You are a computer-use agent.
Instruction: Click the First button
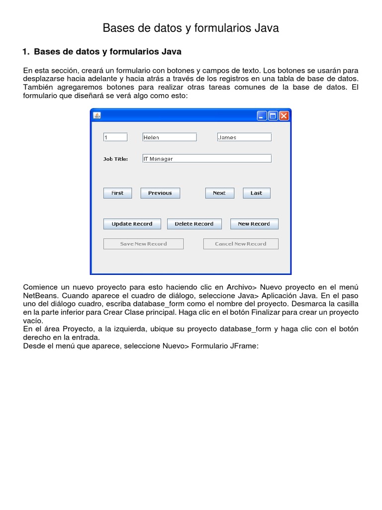117,193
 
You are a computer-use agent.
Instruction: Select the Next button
219,193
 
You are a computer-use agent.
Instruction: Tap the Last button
256,193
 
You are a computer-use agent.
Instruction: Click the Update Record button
132,224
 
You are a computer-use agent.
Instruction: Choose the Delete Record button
194,224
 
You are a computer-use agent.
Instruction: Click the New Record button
254,224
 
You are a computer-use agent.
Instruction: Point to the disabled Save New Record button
143,244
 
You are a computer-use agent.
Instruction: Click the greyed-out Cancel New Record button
240,244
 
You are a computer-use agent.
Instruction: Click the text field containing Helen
169,137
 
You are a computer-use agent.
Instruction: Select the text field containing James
244,137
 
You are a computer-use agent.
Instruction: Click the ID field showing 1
115,137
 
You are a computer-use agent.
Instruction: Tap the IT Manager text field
206,158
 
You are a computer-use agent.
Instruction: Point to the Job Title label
115,159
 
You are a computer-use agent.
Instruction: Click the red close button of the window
284,116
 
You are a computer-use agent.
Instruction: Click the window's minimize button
262,116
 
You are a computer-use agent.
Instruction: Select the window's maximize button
273,116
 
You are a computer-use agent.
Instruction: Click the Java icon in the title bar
97,116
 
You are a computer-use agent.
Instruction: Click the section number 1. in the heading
27,52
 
